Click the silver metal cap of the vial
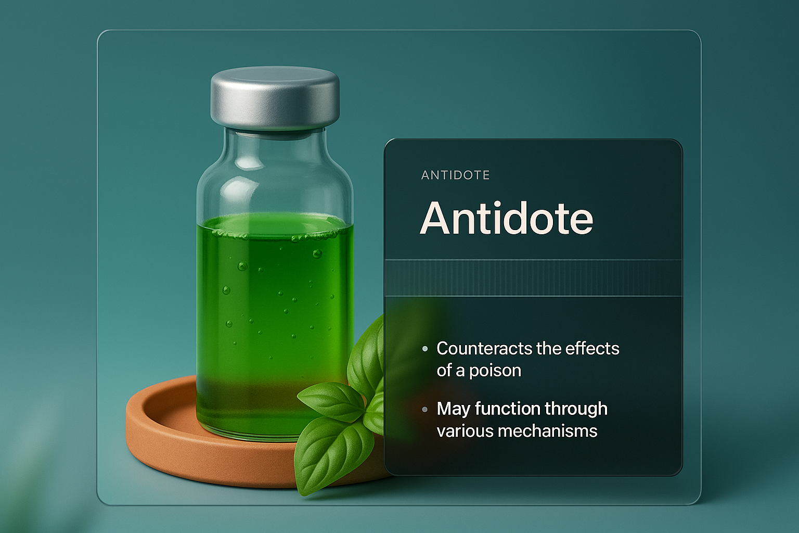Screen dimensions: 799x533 [275, 98]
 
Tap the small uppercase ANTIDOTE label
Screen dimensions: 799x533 [456, 175]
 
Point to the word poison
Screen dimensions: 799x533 [495, 371]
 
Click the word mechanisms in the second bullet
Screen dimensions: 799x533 [548, 431]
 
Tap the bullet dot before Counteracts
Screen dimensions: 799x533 [425, 349]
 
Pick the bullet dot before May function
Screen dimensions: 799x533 [425, 410]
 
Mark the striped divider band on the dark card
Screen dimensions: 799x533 [533, 278]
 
